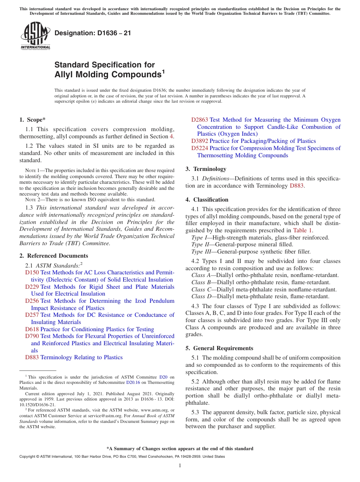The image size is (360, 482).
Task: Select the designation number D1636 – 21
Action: (x=93, y=33)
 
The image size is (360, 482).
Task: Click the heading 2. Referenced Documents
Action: (x=53, y=256)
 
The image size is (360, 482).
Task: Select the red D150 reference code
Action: (x=32, y=272)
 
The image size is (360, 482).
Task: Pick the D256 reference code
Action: (x=32, y=301)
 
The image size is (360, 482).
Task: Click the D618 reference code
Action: (x=32, y=329)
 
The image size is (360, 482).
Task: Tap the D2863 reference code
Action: (x=200, y=120)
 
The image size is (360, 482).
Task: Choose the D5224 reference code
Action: (x=200, y=148)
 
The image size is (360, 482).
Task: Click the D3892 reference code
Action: (x=200, y=141)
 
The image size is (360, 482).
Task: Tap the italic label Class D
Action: (x=200, y=296)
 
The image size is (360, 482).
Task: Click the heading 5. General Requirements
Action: (x=219, y=348)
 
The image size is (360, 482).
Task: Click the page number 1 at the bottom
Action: (x=180, y=465)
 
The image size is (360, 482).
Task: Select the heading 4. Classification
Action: (x=207, y=200)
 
